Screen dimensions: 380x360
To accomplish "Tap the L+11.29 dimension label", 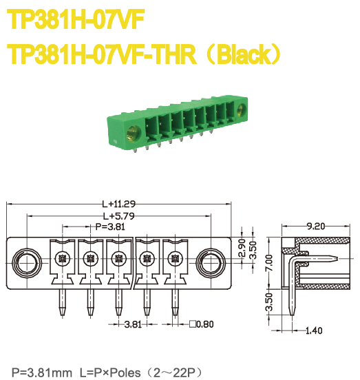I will (118, 204).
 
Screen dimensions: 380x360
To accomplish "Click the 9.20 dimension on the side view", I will (315, 226).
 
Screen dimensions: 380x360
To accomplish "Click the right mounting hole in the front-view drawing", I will (209, 262).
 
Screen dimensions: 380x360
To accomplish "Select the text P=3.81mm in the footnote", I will (41, 372).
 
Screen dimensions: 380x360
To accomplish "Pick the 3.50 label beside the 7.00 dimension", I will (269, 301).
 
